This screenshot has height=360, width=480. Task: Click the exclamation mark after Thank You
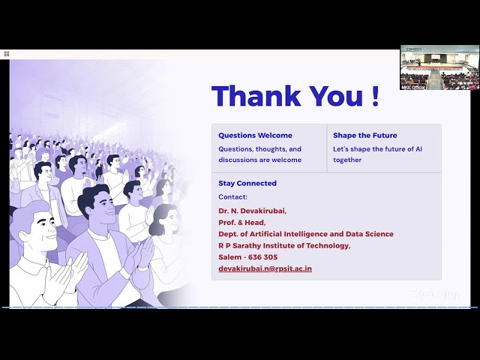click(374, 97)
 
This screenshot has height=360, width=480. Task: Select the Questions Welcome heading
click(255, 136)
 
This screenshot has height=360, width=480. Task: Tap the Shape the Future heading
click(365, 136)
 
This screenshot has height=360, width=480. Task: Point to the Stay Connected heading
click(247, 183)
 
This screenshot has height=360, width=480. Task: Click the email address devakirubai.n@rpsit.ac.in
click(265, 268)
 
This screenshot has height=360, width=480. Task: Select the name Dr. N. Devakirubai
click(252, 211)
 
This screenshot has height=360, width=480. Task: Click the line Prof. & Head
click(241, 222)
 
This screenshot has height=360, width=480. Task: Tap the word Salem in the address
click(229, 256)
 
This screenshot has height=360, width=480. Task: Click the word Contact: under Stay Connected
click(232, 196)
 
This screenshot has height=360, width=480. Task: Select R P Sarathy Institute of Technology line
click(284, 245)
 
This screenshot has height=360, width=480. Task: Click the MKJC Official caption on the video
click(413, 87)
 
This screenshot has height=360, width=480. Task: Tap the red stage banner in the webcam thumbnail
click(435, 67)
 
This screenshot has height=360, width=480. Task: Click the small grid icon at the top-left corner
click(6, 54)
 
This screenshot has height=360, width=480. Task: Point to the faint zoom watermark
click(436, 295)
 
